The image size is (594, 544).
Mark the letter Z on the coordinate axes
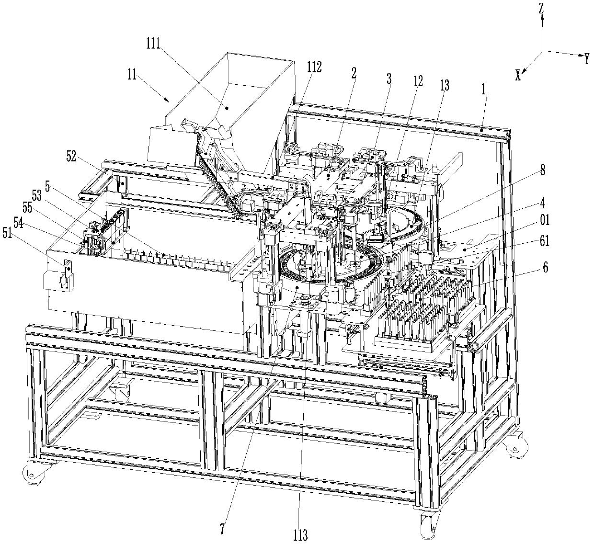click(x=541, y=8)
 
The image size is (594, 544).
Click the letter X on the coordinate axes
click(x=517, y=76)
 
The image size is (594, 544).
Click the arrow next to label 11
click(x=164, y=99)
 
